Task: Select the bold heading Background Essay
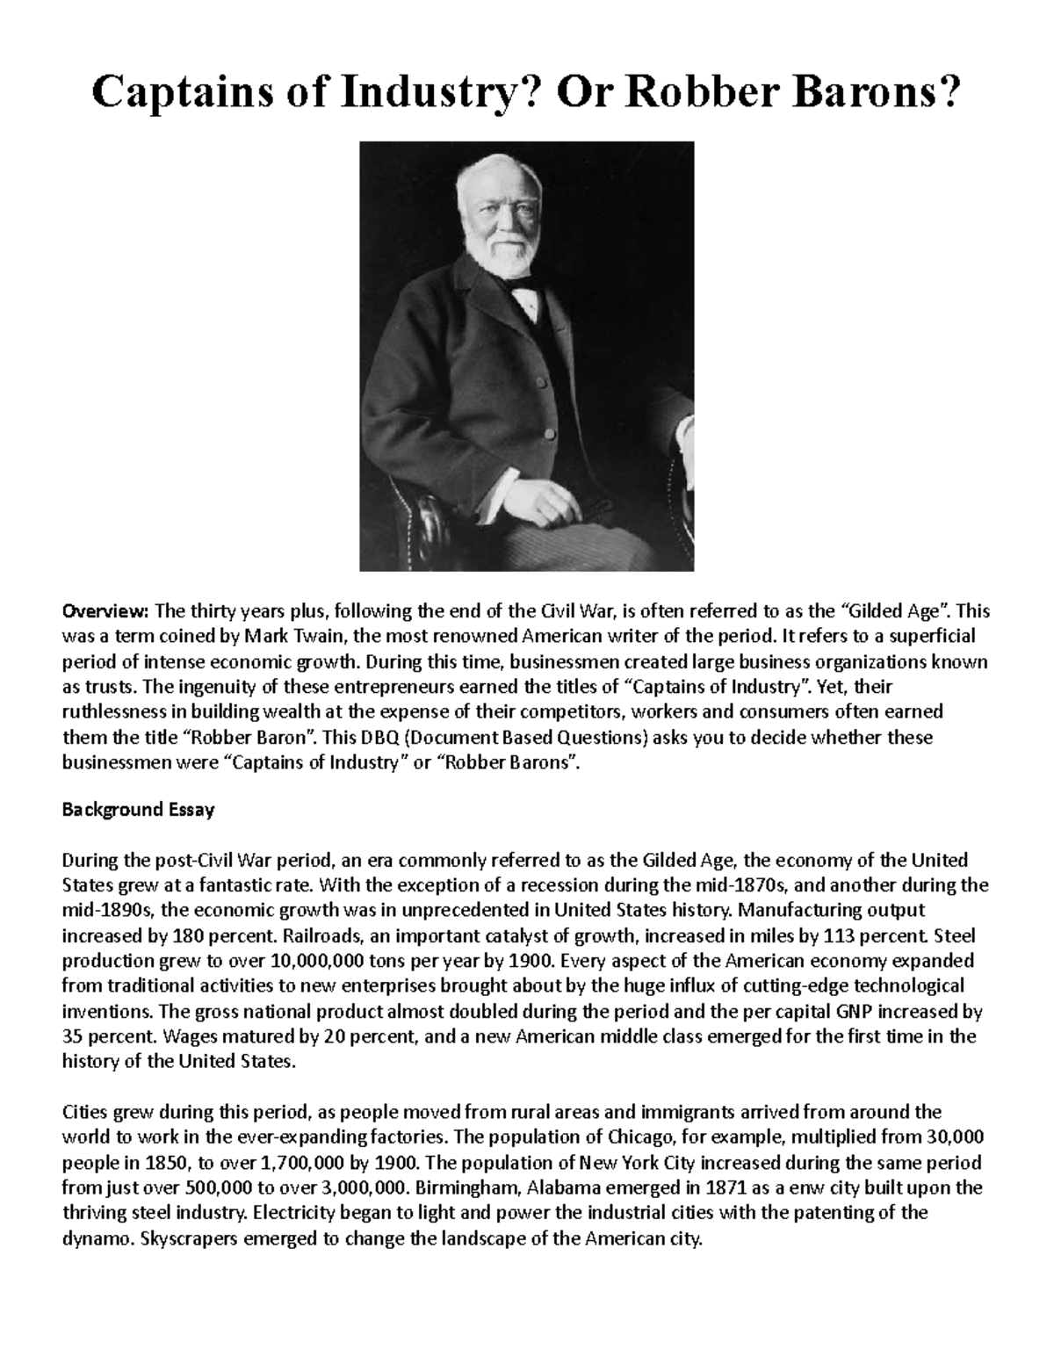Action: (138, 810)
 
